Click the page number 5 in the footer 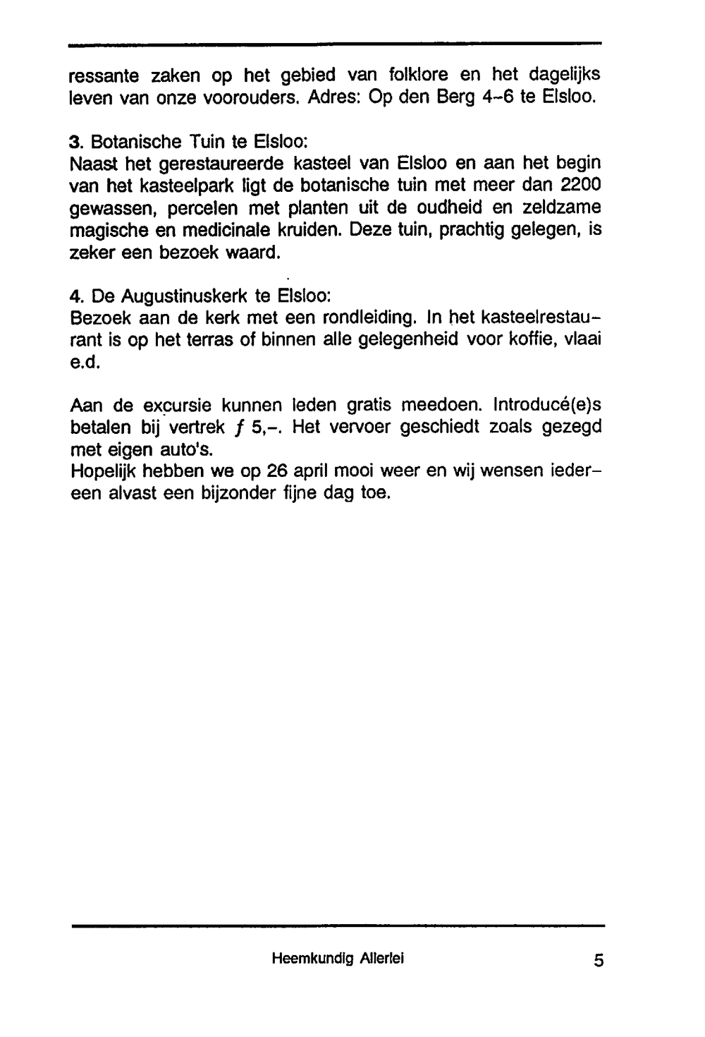(x=599, y=961)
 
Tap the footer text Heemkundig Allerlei (x=338, y=959)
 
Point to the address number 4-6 (x=497, y=97)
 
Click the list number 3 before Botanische (x=75, y=142)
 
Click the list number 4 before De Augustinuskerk (x=75, y=295)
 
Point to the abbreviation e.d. (x=87, y=362)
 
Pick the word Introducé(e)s (x=548, y=405)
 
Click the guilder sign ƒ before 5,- (x=239, y=428)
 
